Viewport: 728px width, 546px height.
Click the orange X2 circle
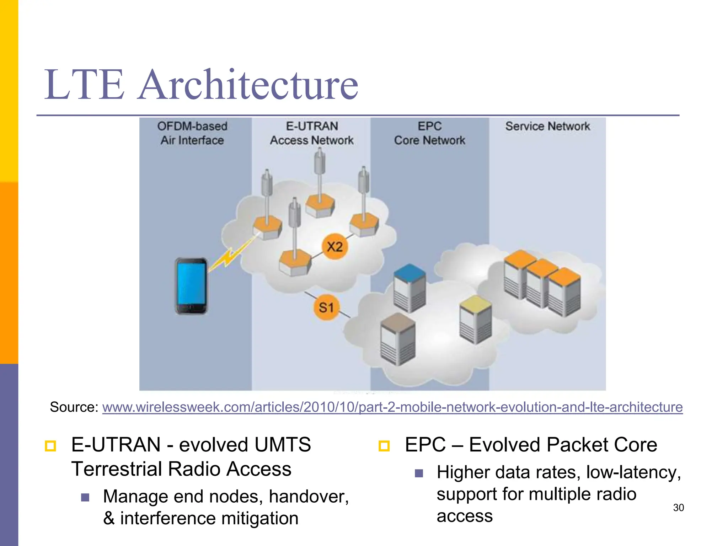tap(334, 246)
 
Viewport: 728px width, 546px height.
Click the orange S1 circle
tap(326, 307)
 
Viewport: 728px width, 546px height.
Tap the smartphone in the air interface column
tap(191, 286)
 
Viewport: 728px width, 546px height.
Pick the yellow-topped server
tap(475, 319)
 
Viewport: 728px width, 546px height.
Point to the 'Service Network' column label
tap(547, 126)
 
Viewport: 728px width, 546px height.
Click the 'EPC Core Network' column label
tap(429, 133)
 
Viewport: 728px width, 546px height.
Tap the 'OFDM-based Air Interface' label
tap(192, 133)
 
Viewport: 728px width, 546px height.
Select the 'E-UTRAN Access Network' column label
tap(312, 133)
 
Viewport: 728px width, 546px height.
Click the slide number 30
tap(678, 508)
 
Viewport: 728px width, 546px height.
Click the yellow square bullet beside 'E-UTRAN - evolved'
tap(50, 446)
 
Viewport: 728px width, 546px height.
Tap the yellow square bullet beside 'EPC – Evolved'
tap(384, 446)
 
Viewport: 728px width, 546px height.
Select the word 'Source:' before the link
tap(74, 407)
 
